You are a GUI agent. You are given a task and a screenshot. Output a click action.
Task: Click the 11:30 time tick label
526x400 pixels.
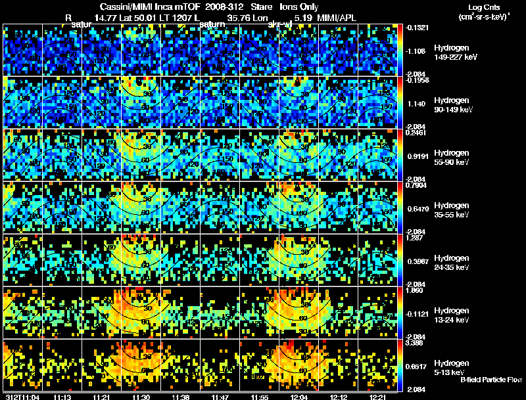coord(141,397)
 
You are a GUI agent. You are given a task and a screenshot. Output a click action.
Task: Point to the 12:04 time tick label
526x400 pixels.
coord(299,397)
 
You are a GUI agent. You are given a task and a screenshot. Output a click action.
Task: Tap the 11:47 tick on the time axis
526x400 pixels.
coord(220,397)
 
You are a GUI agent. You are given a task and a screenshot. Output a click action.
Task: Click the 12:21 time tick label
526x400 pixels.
coord(378,397)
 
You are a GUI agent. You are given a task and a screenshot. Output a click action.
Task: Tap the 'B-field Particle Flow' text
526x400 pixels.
coord(491,380)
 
